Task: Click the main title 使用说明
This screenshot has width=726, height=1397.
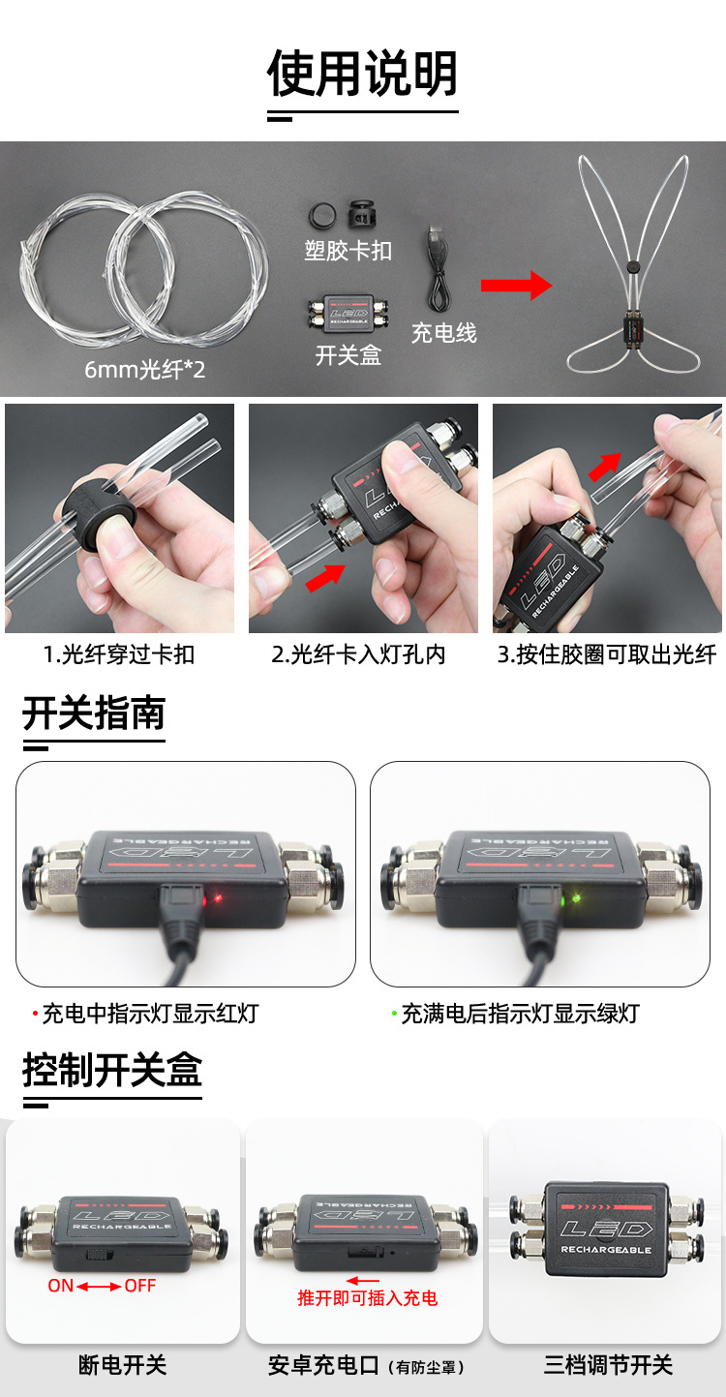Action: pyautogui.click(x=362, y=75)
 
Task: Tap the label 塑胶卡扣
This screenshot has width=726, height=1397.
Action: pyautogui.click(x=348, y=251)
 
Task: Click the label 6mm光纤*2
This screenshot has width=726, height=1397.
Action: pyautogui.click(x=145, y=369)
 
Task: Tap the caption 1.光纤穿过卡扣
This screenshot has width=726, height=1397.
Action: pyautogui.click(x=119, y=654)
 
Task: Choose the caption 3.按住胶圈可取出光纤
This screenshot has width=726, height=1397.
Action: pyautogui.click(x=607, y=654)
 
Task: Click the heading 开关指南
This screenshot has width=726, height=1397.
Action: pyautogui.click(x=94, y=714)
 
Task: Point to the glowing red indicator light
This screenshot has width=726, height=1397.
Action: pyautogui.click(x=218, y=898)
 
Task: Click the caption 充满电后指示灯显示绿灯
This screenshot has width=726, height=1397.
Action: pyautogui.click(x=520, y=1015)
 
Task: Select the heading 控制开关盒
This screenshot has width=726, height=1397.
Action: pyautogui.click(x=112, y=1071)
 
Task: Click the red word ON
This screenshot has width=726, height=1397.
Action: pyautogui.click(x=61, y=1286)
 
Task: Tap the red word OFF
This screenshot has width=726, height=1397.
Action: pyautogui.click(x=140, y=1286)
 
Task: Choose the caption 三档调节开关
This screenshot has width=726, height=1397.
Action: pyautogui.click(x=608, y=1365)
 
